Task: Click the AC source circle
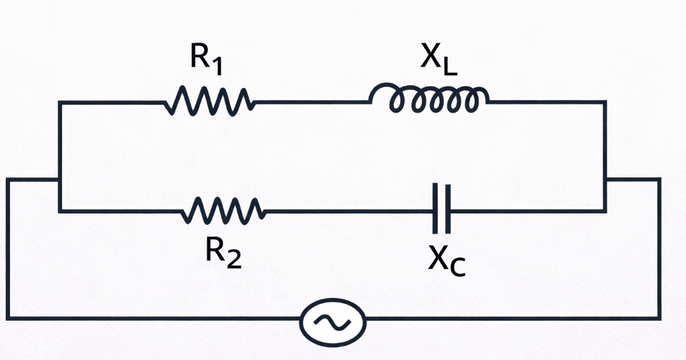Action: pyautogui.click(x=333, y=323)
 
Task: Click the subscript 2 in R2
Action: pyautogui.click(x=233, y=259)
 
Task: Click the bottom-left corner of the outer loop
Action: pyautogui.click(x=8, y=317)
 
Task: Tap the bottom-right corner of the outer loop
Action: pyautogui.click(x=659, y=317)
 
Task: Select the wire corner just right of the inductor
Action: pyautogui.click(x=605, y=102)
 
